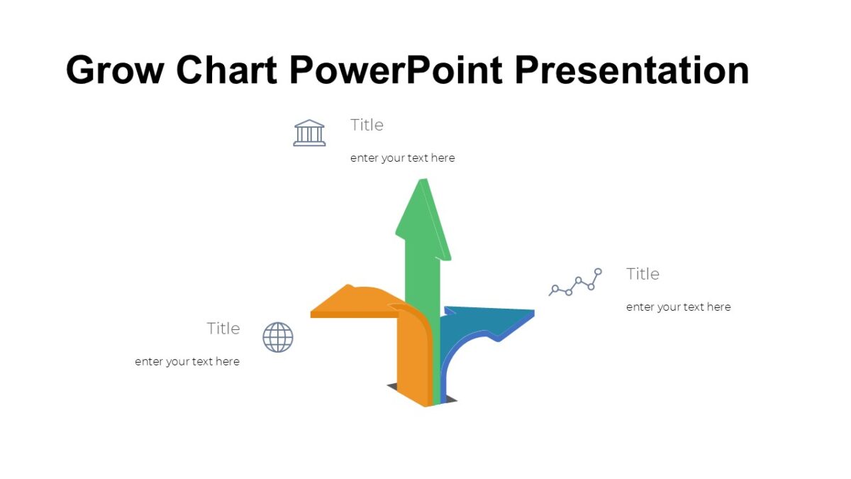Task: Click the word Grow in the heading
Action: point(114,70)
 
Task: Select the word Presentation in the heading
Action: point(631,70)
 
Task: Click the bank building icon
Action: point(309,133)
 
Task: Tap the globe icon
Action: point(278,337)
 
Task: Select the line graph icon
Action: point(576,282)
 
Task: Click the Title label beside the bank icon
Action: point(367,125)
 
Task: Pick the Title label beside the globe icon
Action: point(223,329)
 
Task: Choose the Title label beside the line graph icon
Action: point(643,274)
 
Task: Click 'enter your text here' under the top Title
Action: point(402,158)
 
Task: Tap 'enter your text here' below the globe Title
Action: point(187,362)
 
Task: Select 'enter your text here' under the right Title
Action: point(678,307)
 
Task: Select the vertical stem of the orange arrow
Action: point(411,362)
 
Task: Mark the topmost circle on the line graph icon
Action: point(598,271)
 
